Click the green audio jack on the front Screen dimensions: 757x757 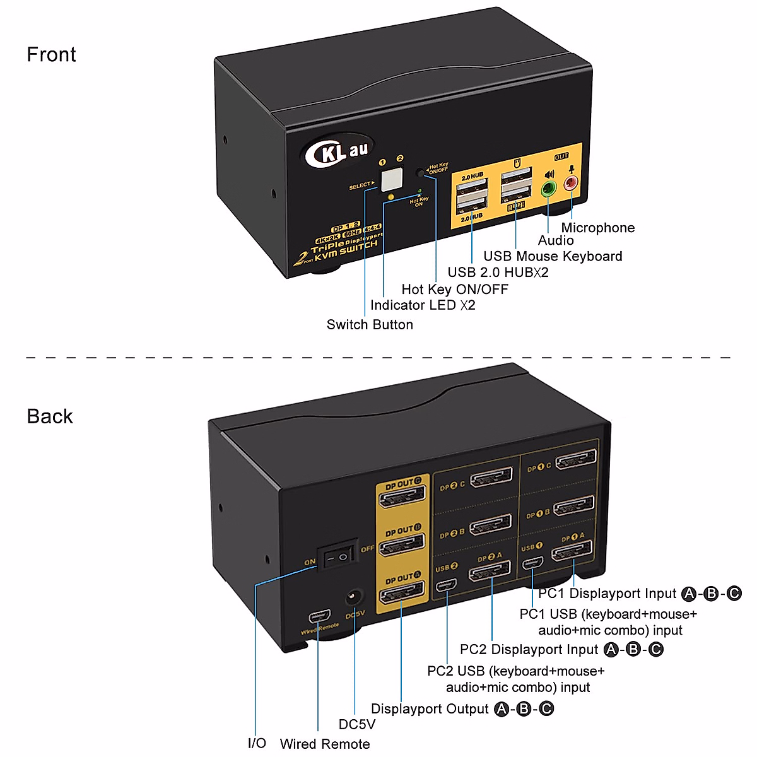pyautogui.click(x=548, y=188)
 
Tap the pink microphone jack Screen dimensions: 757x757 pyautogui.click(x=572, y=184)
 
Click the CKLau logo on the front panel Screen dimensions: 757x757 pyautogui.click(x=338, y=151)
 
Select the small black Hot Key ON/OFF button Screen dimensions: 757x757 pyautogui.click(x=421, y=172)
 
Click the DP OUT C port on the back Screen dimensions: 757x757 pyautogui.click(x=401, y=498)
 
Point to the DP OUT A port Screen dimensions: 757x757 pyautogui.click(x=401, y=594)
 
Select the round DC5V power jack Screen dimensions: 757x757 pyautogui.click(x=353, y=597)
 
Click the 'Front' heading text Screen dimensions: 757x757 pyautogui.click(x=51, y=55)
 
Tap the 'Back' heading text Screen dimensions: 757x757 pyautogui.click(x=50, y=416)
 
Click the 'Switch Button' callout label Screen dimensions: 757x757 pyautogui.click(x=370, y=325)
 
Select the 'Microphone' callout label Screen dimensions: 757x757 pyautogui.click(x=598, y=228)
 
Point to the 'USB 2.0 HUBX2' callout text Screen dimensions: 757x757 pyautogui.click(x=498, y=273)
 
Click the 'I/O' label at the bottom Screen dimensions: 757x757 pyautogui.click(x=257, y=743)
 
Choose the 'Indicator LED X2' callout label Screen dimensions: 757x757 pyautogui.click(x=423, y=305)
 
